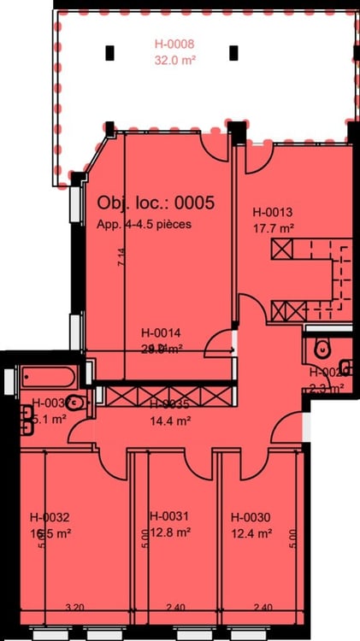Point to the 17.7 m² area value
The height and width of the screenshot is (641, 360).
274,228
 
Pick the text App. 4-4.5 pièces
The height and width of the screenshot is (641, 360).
144,224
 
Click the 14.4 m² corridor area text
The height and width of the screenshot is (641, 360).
169,420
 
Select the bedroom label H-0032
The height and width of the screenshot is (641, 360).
49,517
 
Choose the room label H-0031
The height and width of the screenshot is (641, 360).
169,516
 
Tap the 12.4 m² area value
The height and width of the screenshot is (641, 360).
251,533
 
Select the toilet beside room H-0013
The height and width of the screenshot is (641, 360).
322,349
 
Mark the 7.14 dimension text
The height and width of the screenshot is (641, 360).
120,257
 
